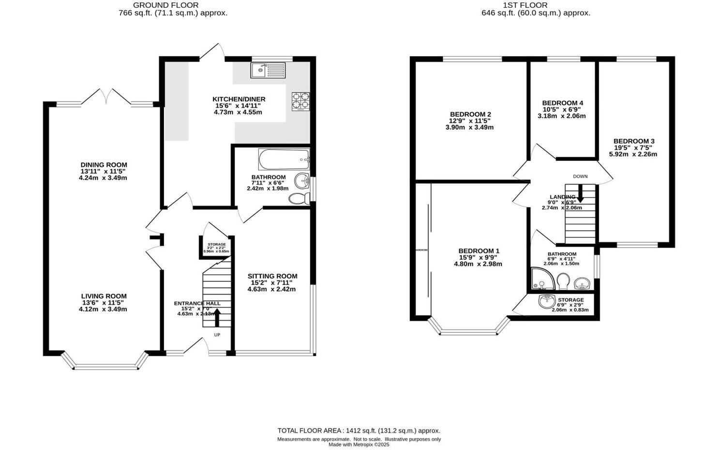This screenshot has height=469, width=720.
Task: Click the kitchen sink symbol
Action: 268,71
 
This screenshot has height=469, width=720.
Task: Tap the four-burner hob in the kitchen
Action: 300,101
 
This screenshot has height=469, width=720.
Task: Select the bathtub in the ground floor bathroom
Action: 284,158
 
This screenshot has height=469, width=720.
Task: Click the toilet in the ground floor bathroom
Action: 299,198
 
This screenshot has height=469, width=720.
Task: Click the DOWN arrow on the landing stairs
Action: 580,194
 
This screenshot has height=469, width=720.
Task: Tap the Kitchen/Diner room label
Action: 239,99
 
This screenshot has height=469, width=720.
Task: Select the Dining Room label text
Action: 104,165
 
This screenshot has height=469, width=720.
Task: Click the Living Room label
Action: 104,296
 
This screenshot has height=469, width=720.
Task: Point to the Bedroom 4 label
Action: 562,103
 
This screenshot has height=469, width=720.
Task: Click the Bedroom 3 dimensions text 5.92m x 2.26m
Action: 633,154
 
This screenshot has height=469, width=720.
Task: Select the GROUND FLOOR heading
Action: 173,5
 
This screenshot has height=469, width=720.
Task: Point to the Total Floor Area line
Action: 359,430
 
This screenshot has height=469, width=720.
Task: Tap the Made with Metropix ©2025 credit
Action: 359,444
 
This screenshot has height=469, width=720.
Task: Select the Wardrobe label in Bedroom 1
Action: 421,250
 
